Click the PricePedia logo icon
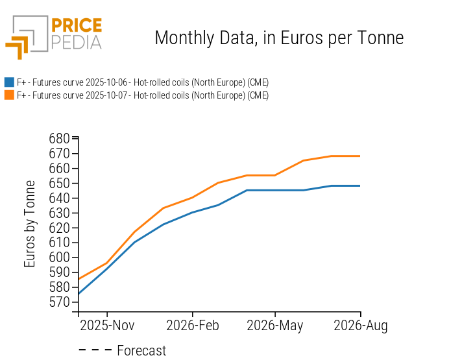[26, 36]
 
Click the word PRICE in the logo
[76, 26]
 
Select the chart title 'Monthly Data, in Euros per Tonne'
[279, 38]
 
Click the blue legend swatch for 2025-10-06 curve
[9, 82]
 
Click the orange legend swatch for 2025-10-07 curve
[9, 95]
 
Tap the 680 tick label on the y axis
[59, 139]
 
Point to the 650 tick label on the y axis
[59, 184]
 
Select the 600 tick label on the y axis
[59, 258]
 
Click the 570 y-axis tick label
[59, 302]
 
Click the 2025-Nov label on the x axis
[107, 326]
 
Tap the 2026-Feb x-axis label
[192, 326]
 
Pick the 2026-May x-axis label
[275, 326]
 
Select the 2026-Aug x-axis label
[360, 326]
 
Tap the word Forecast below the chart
[141, 351]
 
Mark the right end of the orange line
[360, 156]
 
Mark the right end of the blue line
[360, 186]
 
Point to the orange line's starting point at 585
[79, 280]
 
